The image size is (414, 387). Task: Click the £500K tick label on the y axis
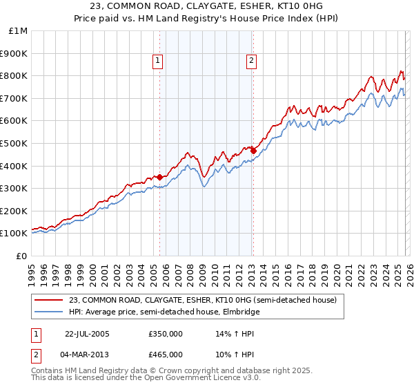[x=14, y=143]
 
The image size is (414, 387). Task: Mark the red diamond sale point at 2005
[x=160, y=177]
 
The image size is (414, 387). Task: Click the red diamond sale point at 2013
[x=253, y=151]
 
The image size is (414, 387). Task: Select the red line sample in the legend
[x=49, y=300]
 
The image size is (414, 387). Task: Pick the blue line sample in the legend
[x=49, y=312]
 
